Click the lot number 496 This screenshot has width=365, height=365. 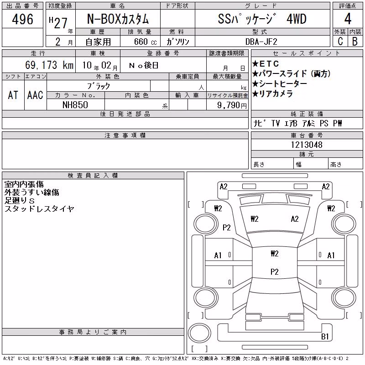(22, 19)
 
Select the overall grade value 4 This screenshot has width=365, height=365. (348, 19)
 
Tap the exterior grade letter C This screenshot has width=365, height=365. (340, 41)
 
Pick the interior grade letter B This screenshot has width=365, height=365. (355, 41)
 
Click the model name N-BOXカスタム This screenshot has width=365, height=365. (118, 19)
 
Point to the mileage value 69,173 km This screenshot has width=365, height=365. (49, 65)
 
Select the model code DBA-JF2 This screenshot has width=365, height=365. (261, 42)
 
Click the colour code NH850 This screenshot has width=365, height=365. (75, 105)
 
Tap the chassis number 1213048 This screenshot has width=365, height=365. (307, 145)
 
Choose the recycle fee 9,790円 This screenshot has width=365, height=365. (232, 105)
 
